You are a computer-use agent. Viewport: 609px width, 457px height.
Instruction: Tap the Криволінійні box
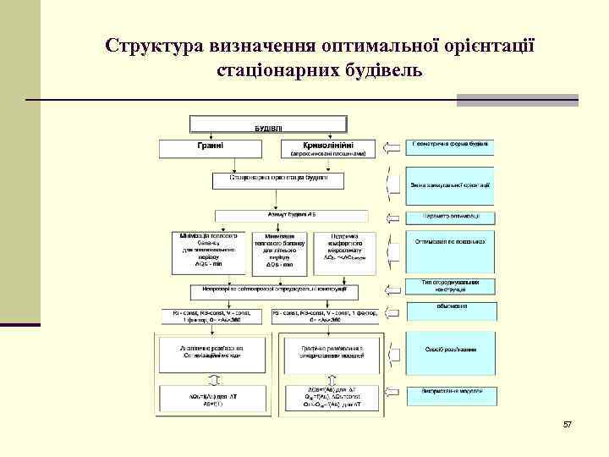327,149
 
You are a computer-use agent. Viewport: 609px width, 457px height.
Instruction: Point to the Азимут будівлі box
280,216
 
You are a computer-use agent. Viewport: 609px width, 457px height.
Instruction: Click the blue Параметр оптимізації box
450,216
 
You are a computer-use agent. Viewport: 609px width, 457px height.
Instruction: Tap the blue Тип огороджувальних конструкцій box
450,287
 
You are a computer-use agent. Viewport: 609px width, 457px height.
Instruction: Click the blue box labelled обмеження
450,307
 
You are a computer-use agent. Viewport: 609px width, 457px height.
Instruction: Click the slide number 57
568,423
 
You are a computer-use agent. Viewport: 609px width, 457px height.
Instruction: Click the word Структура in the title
158,44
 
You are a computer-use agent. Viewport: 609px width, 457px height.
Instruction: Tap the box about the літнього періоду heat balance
279,251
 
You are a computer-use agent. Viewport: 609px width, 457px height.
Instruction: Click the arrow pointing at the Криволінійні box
392,149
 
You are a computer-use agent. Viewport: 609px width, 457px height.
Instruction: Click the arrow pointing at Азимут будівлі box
392,216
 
